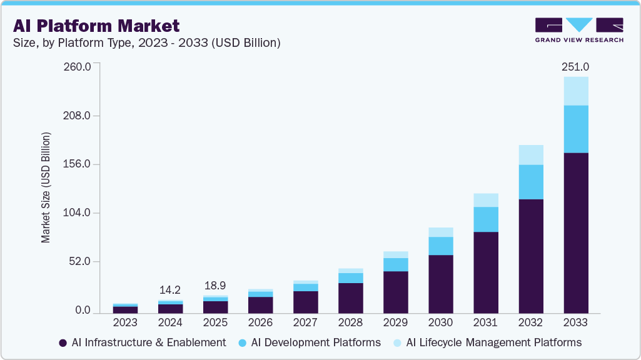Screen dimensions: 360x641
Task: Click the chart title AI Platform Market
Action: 96,26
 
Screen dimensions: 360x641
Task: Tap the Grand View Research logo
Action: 578,29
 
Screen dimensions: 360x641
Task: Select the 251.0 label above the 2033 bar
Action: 575,66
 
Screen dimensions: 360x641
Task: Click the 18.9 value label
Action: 215,285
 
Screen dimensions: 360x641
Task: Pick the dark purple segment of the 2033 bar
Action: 575,232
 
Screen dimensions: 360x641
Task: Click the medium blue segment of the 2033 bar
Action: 575,129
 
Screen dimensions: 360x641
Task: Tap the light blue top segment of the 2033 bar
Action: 575,91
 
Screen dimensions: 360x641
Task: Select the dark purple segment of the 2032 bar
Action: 530,256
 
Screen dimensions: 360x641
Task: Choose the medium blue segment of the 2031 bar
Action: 485,219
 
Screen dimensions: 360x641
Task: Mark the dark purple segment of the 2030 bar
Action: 440,284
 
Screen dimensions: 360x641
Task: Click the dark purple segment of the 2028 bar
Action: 350,297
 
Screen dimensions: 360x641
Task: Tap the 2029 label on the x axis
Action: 395,322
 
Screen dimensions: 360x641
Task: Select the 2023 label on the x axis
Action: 125,322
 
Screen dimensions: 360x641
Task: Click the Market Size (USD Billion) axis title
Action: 46,187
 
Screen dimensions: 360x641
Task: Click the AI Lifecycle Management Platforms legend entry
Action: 487,342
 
